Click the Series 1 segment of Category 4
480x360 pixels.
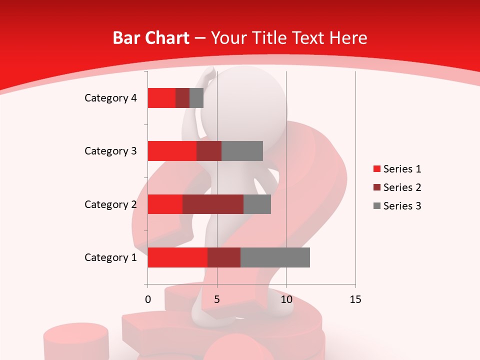[161, 98]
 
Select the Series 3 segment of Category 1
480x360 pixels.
[275, 257]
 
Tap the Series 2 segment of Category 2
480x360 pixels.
[213, 204]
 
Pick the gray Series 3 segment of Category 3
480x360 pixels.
[242, 151]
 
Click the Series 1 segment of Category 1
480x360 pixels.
[177, 257]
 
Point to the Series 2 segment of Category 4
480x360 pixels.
[182, 98]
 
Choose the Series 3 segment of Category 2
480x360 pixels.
[257, 204]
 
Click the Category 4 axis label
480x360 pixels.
[110, 98]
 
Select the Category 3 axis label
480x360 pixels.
[110, 151]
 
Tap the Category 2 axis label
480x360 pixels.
[110, 204]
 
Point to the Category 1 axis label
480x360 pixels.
[110, 257]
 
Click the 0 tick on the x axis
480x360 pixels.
[148, 299]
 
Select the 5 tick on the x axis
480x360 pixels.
[217, 299]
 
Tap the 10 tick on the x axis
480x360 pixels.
[286, 299]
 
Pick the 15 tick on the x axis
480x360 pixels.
[355, 299]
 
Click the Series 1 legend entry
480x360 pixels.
[397, 169]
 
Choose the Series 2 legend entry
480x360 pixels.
[397, 187]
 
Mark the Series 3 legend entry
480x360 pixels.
[397, 206]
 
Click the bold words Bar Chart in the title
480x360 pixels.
[151, 38]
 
